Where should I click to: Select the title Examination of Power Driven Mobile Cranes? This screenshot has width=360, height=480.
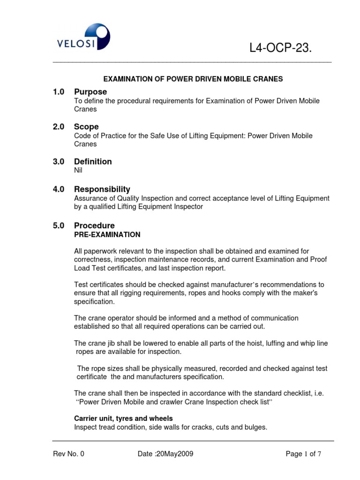(193, 79)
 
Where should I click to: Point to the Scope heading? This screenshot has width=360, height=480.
(86, 127)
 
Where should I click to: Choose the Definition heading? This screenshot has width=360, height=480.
(93, 162)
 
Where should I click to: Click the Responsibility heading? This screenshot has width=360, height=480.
(102, 189)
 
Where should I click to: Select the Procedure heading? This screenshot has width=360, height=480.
(94, 225)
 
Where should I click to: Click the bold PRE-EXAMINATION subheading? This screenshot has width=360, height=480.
(107, 234)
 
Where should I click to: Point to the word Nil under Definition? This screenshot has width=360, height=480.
(78, 171)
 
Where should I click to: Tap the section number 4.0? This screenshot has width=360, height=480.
(59, 189)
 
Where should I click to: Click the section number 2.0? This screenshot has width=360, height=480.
(59, 127)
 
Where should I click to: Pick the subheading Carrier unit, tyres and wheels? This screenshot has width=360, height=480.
(124, 418)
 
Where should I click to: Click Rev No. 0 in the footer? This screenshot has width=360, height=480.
(68, 454)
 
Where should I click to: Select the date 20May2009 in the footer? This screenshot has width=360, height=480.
(174, 454)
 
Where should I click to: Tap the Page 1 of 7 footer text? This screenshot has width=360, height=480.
(303, 454)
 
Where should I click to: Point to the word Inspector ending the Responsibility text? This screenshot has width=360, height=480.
(189, 207)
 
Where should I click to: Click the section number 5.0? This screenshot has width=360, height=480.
(59, 225)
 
